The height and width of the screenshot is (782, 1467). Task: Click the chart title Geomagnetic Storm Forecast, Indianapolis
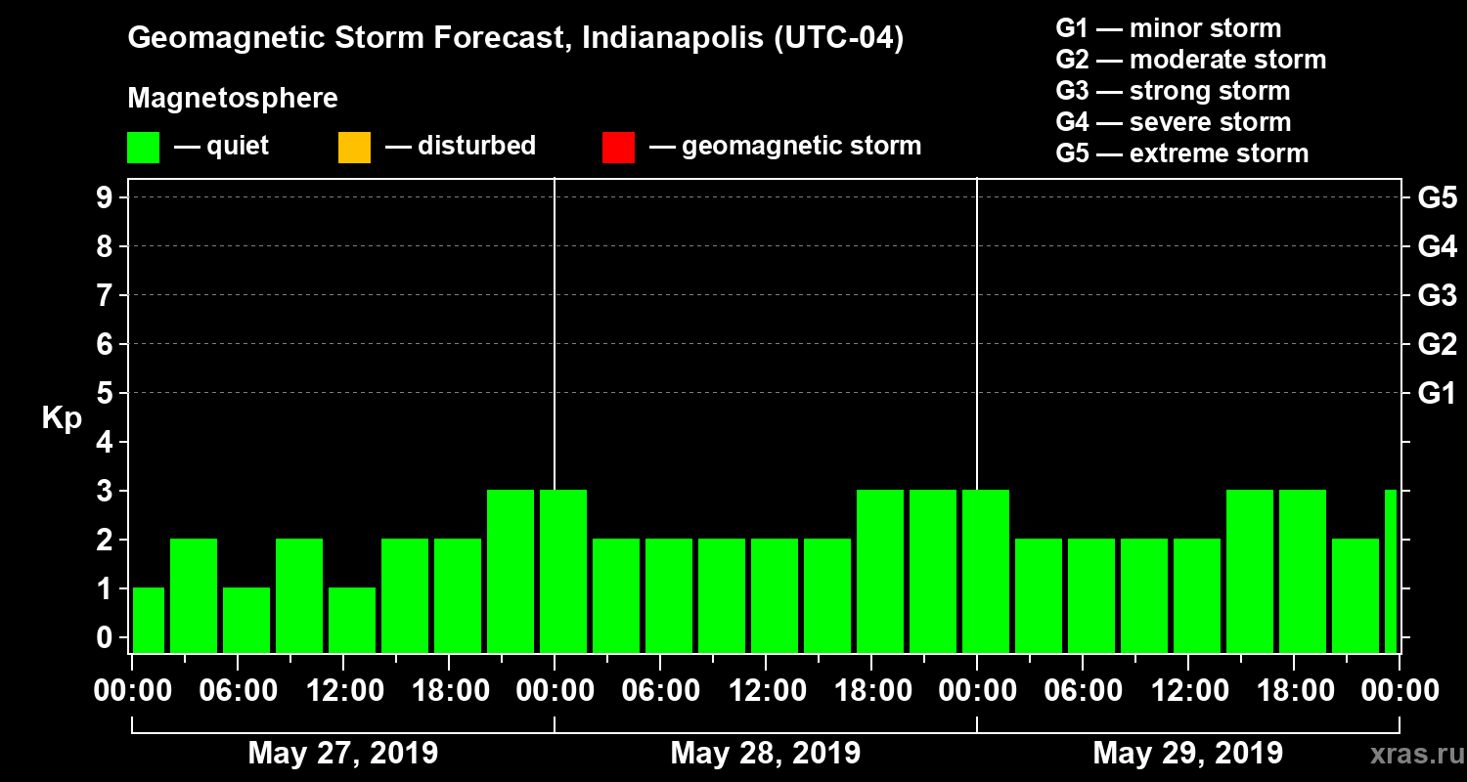click(515, 39)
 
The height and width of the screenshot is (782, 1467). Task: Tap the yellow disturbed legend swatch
click(354, 147)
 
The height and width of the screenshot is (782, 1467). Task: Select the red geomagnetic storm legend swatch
click(618, 147)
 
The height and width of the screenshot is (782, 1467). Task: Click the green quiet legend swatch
click(143, 147)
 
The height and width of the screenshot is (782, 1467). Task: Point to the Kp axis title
click(62, 417)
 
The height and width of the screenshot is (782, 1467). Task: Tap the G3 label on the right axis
click(1437, 295)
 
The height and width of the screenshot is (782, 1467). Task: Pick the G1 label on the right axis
click(1437, 393)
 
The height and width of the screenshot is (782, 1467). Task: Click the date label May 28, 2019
click(765, 754)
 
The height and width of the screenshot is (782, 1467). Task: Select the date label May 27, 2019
click(342, 754)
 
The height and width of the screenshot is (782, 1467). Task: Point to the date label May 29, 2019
click(1187, 754)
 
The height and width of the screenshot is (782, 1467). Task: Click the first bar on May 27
click(149, 620)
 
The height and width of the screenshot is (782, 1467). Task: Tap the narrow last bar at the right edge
click(1391, 571)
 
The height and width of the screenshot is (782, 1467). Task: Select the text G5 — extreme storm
click(1181, 153)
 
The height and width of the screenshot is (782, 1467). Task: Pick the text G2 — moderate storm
click(1190, 60)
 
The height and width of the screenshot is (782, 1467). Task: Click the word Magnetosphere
click(233, 99)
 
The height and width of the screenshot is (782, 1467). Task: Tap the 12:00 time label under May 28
click(765, 691)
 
